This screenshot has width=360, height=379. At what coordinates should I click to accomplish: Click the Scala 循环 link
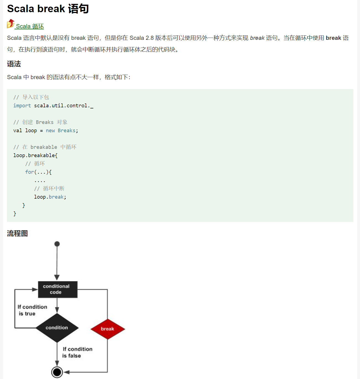click(x=30, y=26)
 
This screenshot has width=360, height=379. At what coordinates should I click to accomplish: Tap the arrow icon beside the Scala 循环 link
click(x=11, y=24)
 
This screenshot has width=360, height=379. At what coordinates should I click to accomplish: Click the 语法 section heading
click(x=14, y=64)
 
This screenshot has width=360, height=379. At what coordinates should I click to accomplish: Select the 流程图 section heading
click(x=17, y=233)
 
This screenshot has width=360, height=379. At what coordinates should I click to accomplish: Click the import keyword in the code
click(x=22, y=106)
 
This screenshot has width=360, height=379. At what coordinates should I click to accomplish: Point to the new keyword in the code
click(x=50, y=131)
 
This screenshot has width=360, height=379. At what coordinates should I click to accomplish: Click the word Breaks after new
click(x=66, y=131)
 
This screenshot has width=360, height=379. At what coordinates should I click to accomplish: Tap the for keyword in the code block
click(x=30, y=172)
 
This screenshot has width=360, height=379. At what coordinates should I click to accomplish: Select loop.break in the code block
click(x=50, y=197)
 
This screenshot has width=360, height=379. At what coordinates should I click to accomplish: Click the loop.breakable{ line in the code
click(x=35, y=155)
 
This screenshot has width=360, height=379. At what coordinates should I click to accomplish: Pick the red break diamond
click(x=108, y=329)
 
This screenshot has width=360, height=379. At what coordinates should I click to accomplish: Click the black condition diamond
click(x=57, y=328)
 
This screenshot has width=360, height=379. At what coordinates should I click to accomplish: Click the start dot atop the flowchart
click(x=57, y=244)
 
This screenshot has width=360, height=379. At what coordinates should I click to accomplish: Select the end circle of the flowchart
click(x=57, y=372)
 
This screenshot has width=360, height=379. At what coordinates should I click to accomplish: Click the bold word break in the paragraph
click(x=333, y=38)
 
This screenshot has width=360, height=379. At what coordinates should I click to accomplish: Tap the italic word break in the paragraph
click(x=257, y=38)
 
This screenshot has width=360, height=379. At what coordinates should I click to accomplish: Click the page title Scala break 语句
click(x=48, y=9)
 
